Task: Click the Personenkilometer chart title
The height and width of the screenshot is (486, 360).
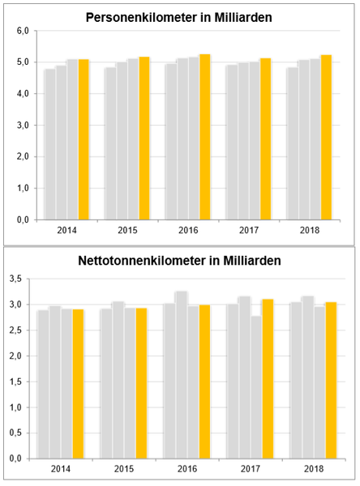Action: point(178,17)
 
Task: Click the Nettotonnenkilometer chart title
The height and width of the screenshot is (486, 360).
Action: point(179,261)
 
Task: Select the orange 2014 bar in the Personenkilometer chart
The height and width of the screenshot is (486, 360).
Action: point(84,139)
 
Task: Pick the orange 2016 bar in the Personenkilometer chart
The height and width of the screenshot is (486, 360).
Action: point(205,137)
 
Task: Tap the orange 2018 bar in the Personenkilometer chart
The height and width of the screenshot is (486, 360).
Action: point(326,138)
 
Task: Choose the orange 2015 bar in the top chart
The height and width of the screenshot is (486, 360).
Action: point(144,139)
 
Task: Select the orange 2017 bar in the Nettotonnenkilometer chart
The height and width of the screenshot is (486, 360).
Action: point(268,379)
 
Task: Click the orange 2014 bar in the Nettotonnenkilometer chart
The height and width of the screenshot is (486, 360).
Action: point(78,384)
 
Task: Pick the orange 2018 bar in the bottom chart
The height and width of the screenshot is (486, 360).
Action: point(331,381)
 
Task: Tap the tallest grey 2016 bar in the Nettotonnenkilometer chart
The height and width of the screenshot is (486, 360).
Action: point(182,375)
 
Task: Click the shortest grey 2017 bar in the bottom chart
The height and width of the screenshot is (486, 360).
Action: point(256,387)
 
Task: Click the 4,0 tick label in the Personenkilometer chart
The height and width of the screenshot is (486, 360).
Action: point(23,94)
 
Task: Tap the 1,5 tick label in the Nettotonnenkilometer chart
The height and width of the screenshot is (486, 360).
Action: point(15,382)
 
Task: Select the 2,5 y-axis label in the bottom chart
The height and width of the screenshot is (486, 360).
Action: point(15,330)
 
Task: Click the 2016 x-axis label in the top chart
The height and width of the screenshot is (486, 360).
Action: point(188,230)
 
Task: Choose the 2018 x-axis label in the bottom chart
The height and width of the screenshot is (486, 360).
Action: point(314,469)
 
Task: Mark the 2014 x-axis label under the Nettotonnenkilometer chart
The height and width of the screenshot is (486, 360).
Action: point(61,469)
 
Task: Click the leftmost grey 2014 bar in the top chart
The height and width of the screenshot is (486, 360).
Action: point(50,144)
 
